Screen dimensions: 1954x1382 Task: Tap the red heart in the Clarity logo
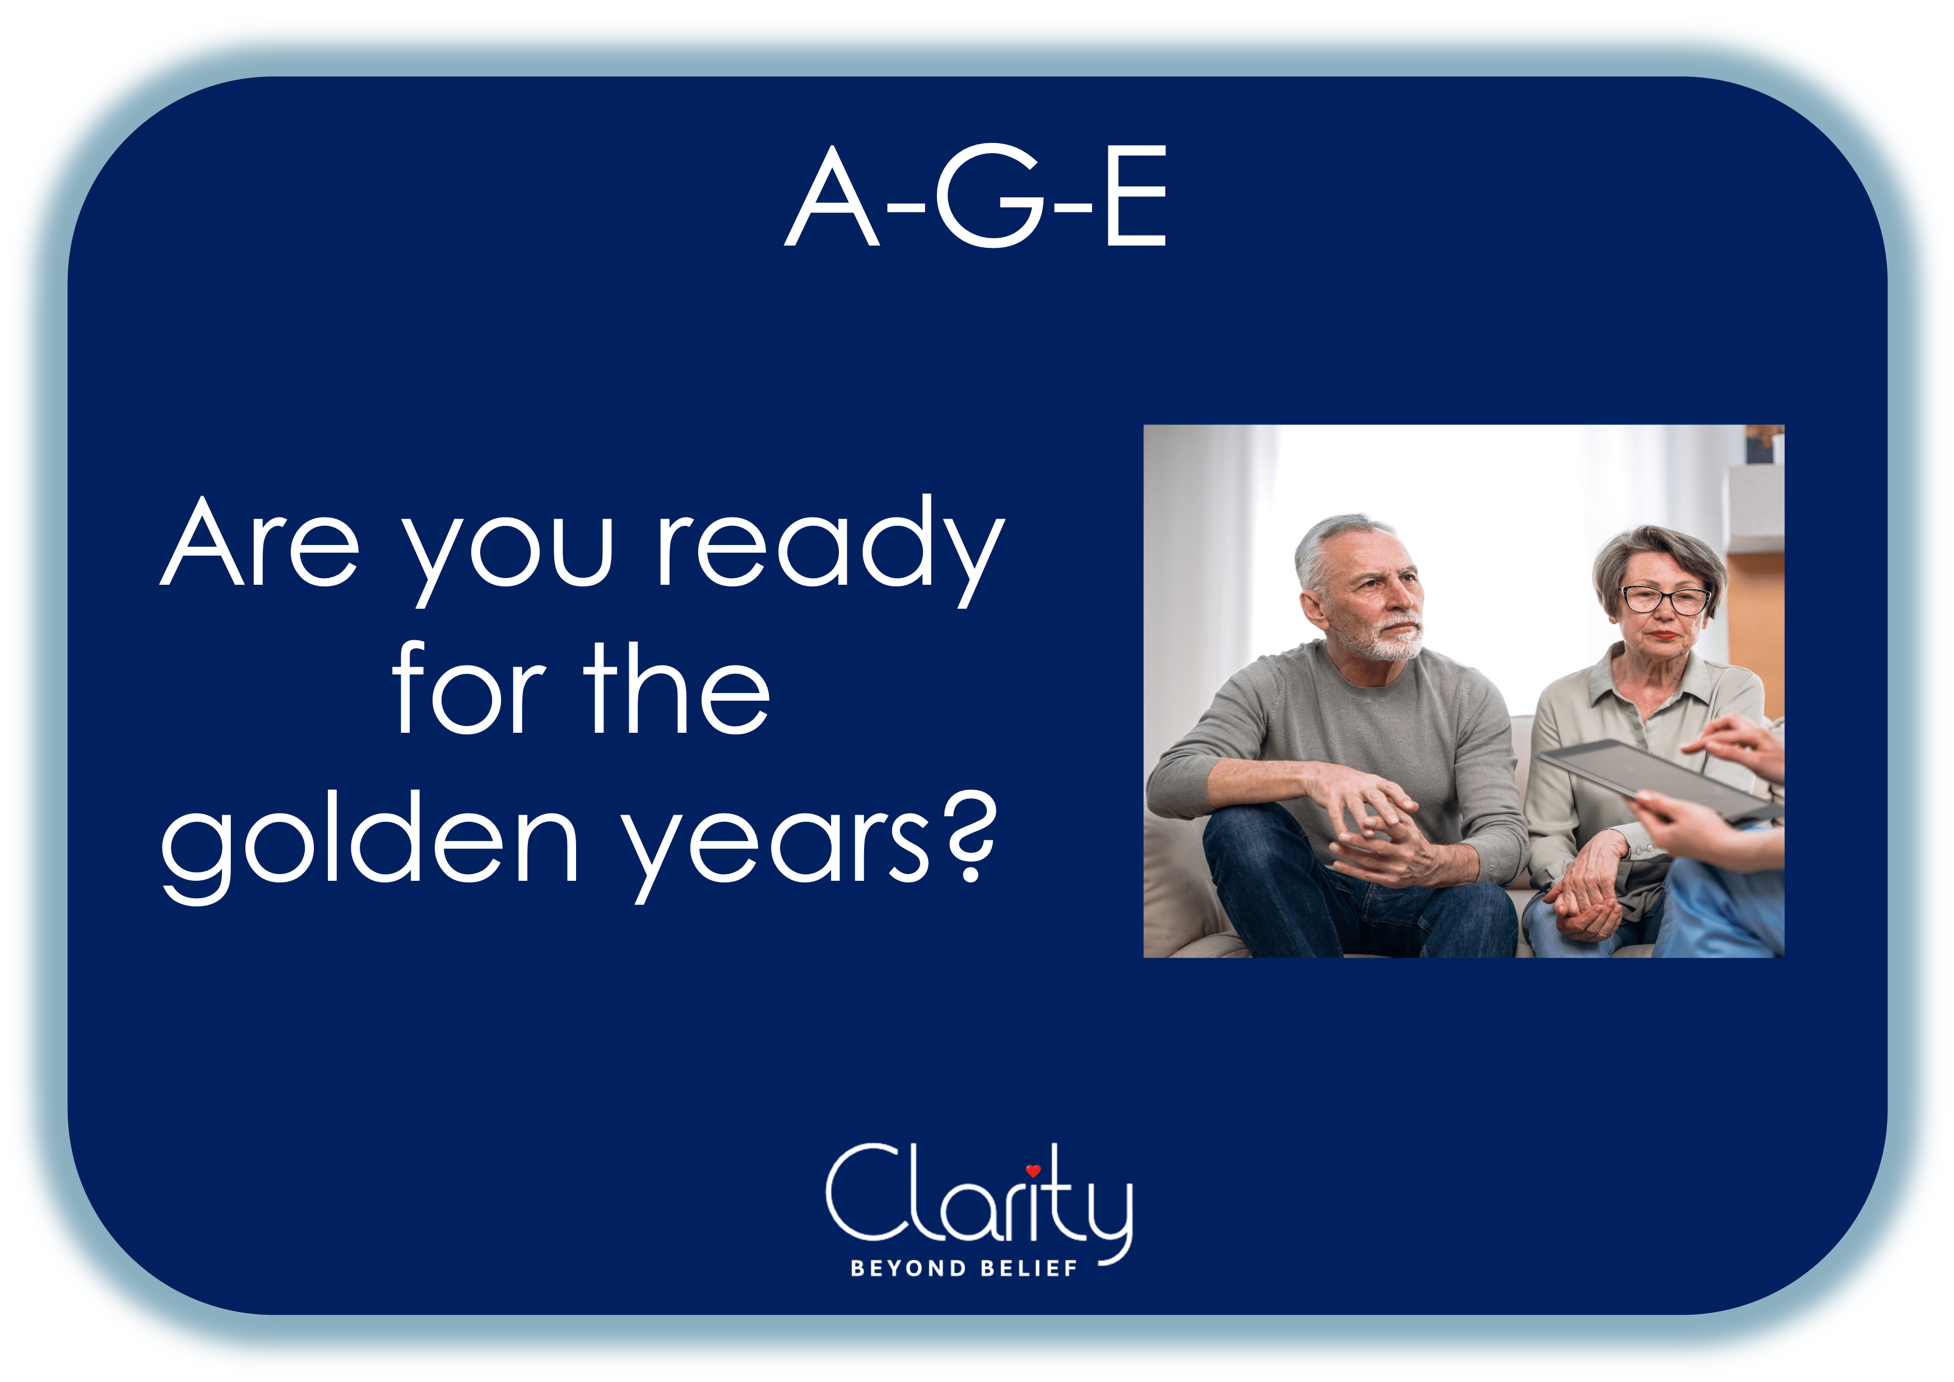tap(1033, 1170)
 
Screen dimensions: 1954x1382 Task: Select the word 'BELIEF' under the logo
tap(1029, 1269)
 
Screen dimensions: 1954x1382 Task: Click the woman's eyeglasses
tap(1665, 599)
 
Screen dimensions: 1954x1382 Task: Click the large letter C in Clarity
tap(864, 1192)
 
